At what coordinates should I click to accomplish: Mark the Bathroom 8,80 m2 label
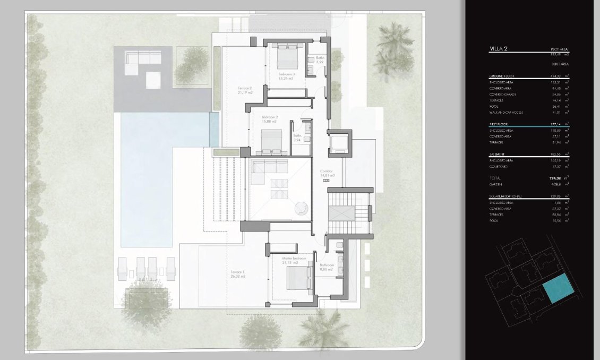click(x=326, y=267)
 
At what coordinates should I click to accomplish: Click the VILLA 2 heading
click(x=499, y=49)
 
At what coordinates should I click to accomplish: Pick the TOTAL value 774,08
click(x=555, y=178)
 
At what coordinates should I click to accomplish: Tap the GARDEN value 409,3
click(x=556, y=185)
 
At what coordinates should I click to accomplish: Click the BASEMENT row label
click(x=497, y=154)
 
